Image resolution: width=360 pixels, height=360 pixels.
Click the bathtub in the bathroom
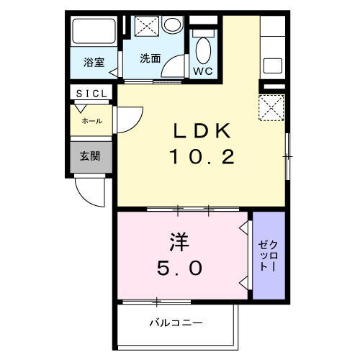coord(94,33)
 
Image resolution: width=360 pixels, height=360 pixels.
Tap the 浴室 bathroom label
coord(93,63)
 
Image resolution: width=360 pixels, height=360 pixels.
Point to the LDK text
coord(202,131)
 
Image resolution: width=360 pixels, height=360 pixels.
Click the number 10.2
coord(202,156)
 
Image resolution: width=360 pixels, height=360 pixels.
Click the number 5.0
coord(181,269)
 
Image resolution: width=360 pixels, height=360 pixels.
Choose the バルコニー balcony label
coord(176,323)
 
